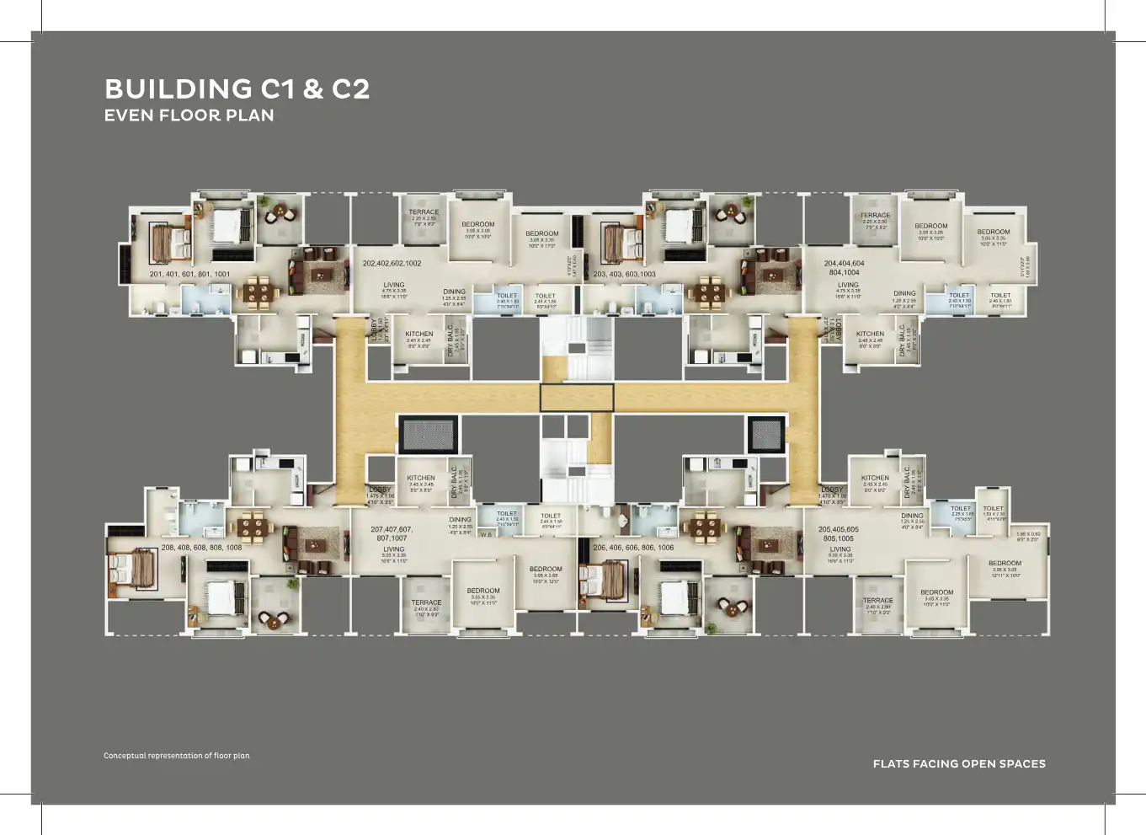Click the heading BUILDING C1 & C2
[x=237, y=89]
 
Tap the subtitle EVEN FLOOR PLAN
[x=189, y=115]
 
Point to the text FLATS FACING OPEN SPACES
[x=959, y=763]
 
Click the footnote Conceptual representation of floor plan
[x=177, y=756]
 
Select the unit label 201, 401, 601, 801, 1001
[x=189, y=274]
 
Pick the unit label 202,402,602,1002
[x=392, y=263]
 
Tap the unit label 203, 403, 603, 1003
[x=624, y=274]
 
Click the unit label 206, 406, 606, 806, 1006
[x=633, y=547]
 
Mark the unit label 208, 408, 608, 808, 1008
[x=201, y=547]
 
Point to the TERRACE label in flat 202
[x=424, y=212]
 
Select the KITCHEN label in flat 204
[x=870, y=334]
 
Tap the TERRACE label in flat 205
[x=877, y=600]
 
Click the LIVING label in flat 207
[x=393, y=549]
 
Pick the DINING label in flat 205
[x=912, y=516]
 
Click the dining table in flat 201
[x=261, y=292]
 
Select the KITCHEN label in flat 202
[x=418, y=334]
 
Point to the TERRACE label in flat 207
[x=426, y=602]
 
